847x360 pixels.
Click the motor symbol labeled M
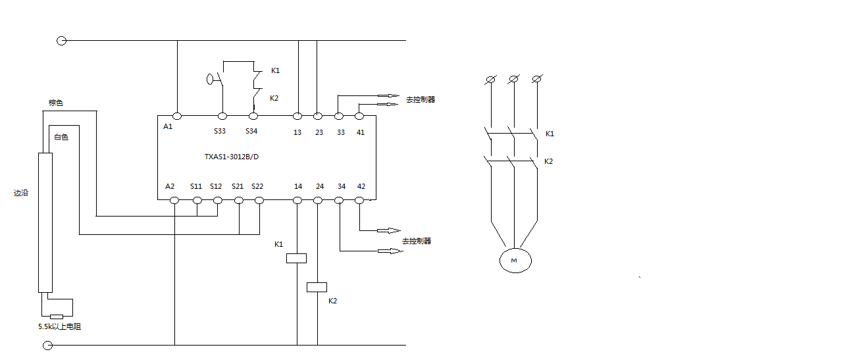click(x=515, y=261)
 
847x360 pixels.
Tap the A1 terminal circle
click(x=177, y=116)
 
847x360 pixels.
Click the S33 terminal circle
click(x=222, y=116)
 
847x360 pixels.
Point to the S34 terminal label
click(x=251, y=131)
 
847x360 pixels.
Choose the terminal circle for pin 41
click(x=359, y=116)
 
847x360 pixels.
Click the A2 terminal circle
click(x=174, y=200)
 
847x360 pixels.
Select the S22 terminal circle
click(x=259, y=200)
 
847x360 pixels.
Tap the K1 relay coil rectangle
click(x=297, y=259)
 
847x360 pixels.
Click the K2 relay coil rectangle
click(x=317, y=287)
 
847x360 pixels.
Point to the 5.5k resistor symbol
click(x=57, y=317)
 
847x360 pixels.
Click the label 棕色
click(x=55, y=103)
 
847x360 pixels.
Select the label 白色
click(x=61, y=137)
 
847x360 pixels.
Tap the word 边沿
click(x=21, y=193)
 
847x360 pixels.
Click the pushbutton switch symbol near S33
click(x=216, y=80)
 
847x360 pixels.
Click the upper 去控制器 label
click(x=421, y=99)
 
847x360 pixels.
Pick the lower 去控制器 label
click(x=417, y=241)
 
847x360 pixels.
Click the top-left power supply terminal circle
click(x=62, y=41)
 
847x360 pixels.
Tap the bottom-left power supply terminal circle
click(x=47, y=345)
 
